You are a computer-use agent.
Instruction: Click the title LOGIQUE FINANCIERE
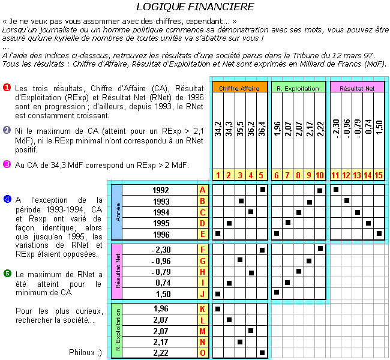point(194,7)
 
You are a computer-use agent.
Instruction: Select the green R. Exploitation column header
point(298,88)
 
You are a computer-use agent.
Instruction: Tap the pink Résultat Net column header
point(357,88)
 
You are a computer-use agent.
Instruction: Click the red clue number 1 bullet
point(7,88)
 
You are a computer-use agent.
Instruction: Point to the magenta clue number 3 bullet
point(7,163)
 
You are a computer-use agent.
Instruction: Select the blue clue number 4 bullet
point(7,199)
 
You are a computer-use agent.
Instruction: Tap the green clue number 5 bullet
point(7,274)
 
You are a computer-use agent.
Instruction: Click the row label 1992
point(161,190)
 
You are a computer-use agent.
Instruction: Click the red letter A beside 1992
point(203,190)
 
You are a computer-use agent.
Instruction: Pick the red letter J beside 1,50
point(203,293)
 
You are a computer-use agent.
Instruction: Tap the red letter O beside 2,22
point(203,353)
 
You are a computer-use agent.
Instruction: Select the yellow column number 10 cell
point(319,175)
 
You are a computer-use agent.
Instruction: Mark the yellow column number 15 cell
point(379,175)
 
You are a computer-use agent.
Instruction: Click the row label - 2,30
point(161,249)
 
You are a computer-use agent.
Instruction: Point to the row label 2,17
point(161,342)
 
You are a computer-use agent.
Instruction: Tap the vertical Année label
point(118,211)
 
